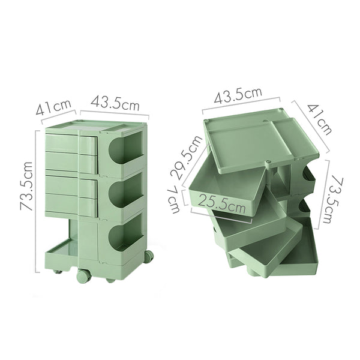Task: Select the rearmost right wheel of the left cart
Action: point(148,256)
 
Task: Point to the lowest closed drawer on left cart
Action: point(71,204)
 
